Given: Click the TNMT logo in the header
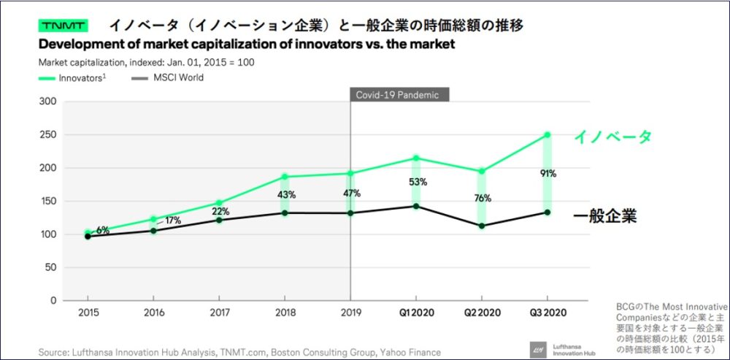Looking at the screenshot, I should tap(64, 26).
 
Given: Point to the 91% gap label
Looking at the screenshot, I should tap(549, 174).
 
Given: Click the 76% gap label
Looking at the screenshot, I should tap(483, 198).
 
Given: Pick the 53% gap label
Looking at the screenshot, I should tap(416, 181).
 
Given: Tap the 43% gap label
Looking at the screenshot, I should tap(285, 195).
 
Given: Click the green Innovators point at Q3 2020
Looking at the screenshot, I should tap(547, 135).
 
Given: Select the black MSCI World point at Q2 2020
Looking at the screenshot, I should tap(482, 226).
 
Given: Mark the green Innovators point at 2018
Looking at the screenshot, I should tap(285, 177).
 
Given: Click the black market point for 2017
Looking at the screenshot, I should tap(219, 220).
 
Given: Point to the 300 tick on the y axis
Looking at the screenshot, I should tap(47, 102).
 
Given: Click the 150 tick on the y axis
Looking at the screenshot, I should tap(47, 201).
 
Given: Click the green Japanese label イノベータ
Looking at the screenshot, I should tap(612, 137).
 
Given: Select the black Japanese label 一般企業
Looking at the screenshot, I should tap(605, 217).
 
